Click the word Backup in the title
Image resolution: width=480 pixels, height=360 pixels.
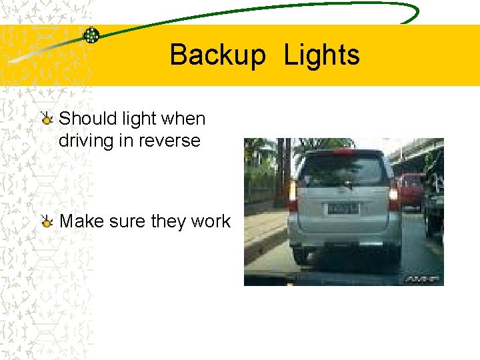click(217, 55)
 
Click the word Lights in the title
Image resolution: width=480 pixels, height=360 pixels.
click(321, 55)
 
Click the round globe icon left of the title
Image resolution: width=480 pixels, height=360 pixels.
click(91, 36)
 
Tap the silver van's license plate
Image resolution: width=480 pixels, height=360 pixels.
click(343, 208)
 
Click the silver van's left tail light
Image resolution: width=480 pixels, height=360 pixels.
click(293, 195)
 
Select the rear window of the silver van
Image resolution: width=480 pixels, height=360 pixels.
click(344, 170)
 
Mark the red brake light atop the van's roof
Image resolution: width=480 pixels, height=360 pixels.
click(344, 153)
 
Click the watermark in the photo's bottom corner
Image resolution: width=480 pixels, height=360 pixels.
click(421, 279)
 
